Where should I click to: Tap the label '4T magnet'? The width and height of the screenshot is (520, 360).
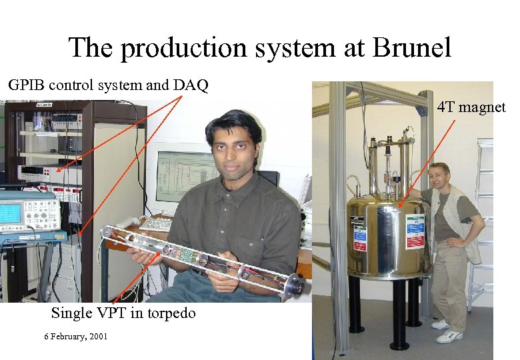471,107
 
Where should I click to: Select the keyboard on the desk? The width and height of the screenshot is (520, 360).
157,223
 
